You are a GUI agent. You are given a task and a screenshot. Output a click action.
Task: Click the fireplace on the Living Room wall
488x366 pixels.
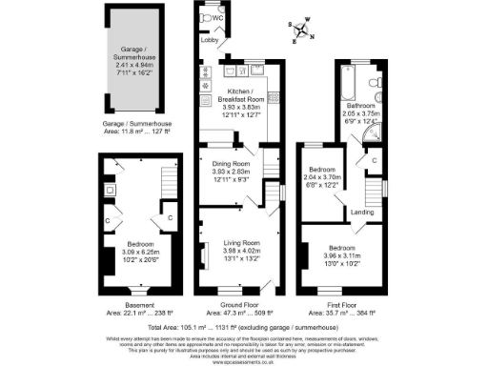pos(203,254)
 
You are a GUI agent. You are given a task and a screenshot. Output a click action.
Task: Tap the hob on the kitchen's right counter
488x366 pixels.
pos(274,96)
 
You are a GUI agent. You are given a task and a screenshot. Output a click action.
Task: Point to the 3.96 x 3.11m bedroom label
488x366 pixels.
pos(344,251)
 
